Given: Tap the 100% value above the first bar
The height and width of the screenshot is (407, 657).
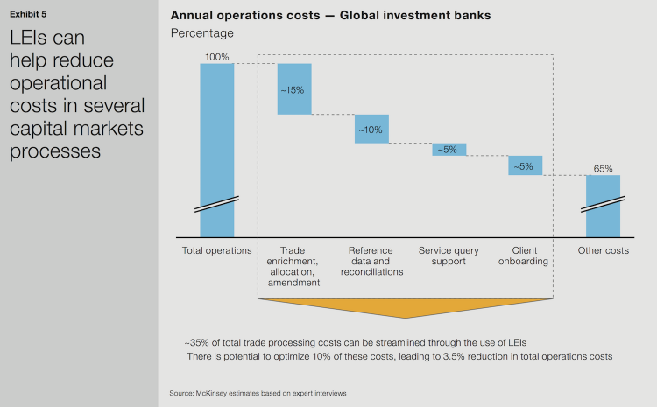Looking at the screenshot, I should [216, 56].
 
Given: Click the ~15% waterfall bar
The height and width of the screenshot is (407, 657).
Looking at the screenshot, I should [294, 88].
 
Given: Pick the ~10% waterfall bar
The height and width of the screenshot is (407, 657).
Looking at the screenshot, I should [371, 129].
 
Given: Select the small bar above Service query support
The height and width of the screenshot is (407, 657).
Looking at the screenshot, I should [449, 150].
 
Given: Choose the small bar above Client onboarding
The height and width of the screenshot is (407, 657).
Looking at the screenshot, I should [526, 165].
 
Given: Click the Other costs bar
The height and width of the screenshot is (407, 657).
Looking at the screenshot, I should [603, 206].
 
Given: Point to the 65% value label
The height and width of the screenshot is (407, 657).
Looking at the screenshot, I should [603, 168].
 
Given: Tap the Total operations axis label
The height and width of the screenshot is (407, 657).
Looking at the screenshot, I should [216, 251].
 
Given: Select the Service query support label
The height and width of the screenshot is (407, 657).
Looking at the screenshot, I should [449, 256].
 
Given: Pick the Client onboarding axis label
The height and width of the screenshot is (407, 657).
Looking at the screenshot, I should [526, 256].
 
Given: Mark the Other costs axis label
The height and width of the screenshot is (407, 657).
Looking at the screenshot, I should [603, 251].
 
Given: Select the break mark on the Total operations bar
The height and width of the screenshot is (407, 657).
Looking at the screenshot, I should [216, 206].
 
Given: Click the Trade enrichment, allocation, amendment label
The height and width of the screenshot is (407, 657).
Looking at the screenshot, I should [294, 266].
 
